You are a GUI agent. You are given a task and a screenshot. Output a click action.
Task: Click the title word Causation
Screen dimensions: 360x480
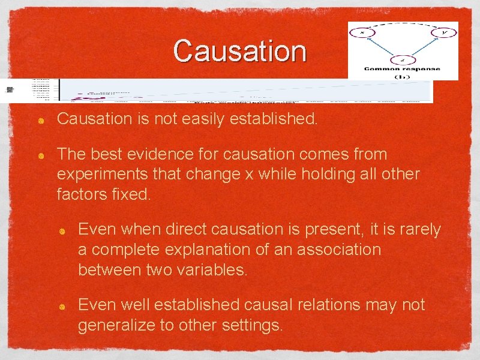(x=240, y=51)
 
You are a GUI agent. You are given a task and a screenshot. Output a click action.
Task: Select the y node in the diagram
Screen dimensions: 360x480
(x=444, y=32)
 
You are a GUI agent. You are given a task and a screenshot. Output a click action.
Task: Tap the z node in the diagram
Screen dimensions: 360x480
(x=403, y=60)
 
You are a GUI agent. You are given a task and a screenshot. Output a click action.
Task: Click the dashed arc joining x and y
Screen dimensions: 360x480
(x=403, y=25)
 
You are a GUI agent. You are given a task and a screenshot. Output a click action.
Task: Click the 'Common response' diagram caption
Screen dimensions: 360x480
(x=403, y=69)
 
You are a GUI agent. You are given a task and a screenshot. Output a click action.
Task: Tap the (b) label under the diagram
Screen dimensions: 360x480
(x=403, y=77)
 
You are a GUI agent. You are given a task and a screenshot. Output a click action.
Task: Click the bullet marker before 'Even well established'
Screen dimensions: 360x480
(x=62, y=306)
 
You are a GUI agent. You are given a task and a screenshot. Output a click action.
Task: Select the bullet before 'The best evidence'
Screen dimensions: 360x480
(x=40, y=155)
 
